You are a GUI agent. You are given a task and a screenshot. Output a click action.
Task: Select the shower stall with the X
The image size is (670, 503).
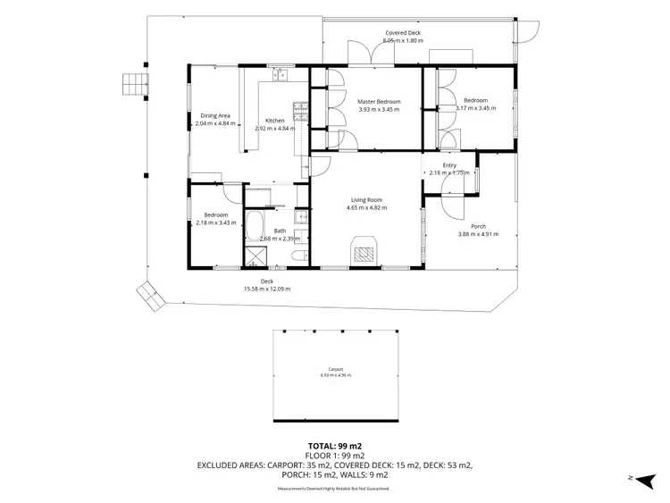coord(255,257)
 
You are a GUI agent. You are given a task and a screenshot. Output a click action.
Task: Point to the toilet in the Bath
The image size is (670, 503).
coord(302,257)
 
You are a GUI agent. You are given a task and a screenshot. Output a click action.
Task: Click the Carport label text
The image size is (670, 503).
coord(335,368)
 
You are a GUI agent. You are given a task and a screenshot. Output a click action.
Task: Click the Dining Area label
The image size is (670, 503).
coord(215,115)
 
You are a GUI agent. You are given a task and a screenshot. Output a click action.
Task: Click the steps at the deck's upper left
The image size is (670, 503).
coord(133,83)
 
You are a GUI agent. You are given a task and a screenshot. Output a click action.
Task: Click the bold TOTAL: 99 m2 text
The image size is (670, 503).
coord(335,445)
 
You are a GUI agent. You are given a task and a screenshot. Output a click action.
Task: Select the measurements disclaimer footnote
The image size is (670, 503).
coord(335,489)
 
